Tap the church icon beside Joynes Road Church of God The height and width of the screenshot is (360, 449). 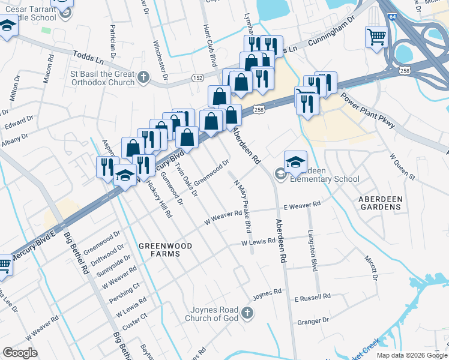click(x=247, y=313)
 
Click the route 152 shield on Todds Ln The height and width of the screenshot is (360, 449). click(x=199, y=78)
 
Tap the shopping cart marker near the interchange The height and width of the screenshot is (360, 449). click(x=376, y=37)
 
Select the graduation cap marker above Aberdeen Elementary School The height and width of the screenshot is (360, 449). click(x=295, y=161)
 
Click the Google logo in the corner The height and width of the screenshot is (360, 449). click(x=20, y=353)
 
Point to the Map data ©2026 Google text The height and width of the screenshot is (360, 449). click(x=411, y=355)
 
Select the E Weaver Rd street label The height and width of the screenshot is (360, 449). click(x=302, y=206)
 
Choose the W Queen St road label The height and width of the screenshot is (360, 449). click(x=402, y=166)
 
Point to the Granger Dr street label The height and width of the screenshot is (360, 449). click(x=313, y=322)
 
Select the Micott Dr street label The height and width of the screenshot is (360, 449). click(x=370, y=266)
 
